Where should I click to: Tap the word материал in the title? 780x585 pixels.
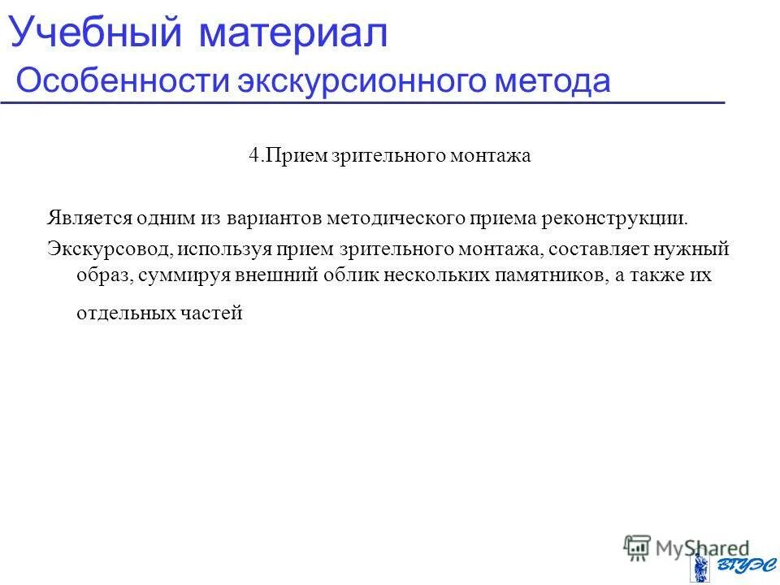291,33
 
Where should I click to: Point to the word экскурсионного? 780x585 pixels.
350,82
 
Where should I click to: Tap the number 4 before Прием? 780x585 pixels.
253,156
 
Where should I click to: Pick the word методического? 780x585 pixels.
397,218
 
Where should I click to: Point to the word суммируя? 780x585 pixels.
181,275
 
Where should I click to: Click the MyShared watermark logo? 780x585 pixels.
687,547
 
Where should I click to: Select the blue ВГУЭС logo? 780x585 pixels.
727,566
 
